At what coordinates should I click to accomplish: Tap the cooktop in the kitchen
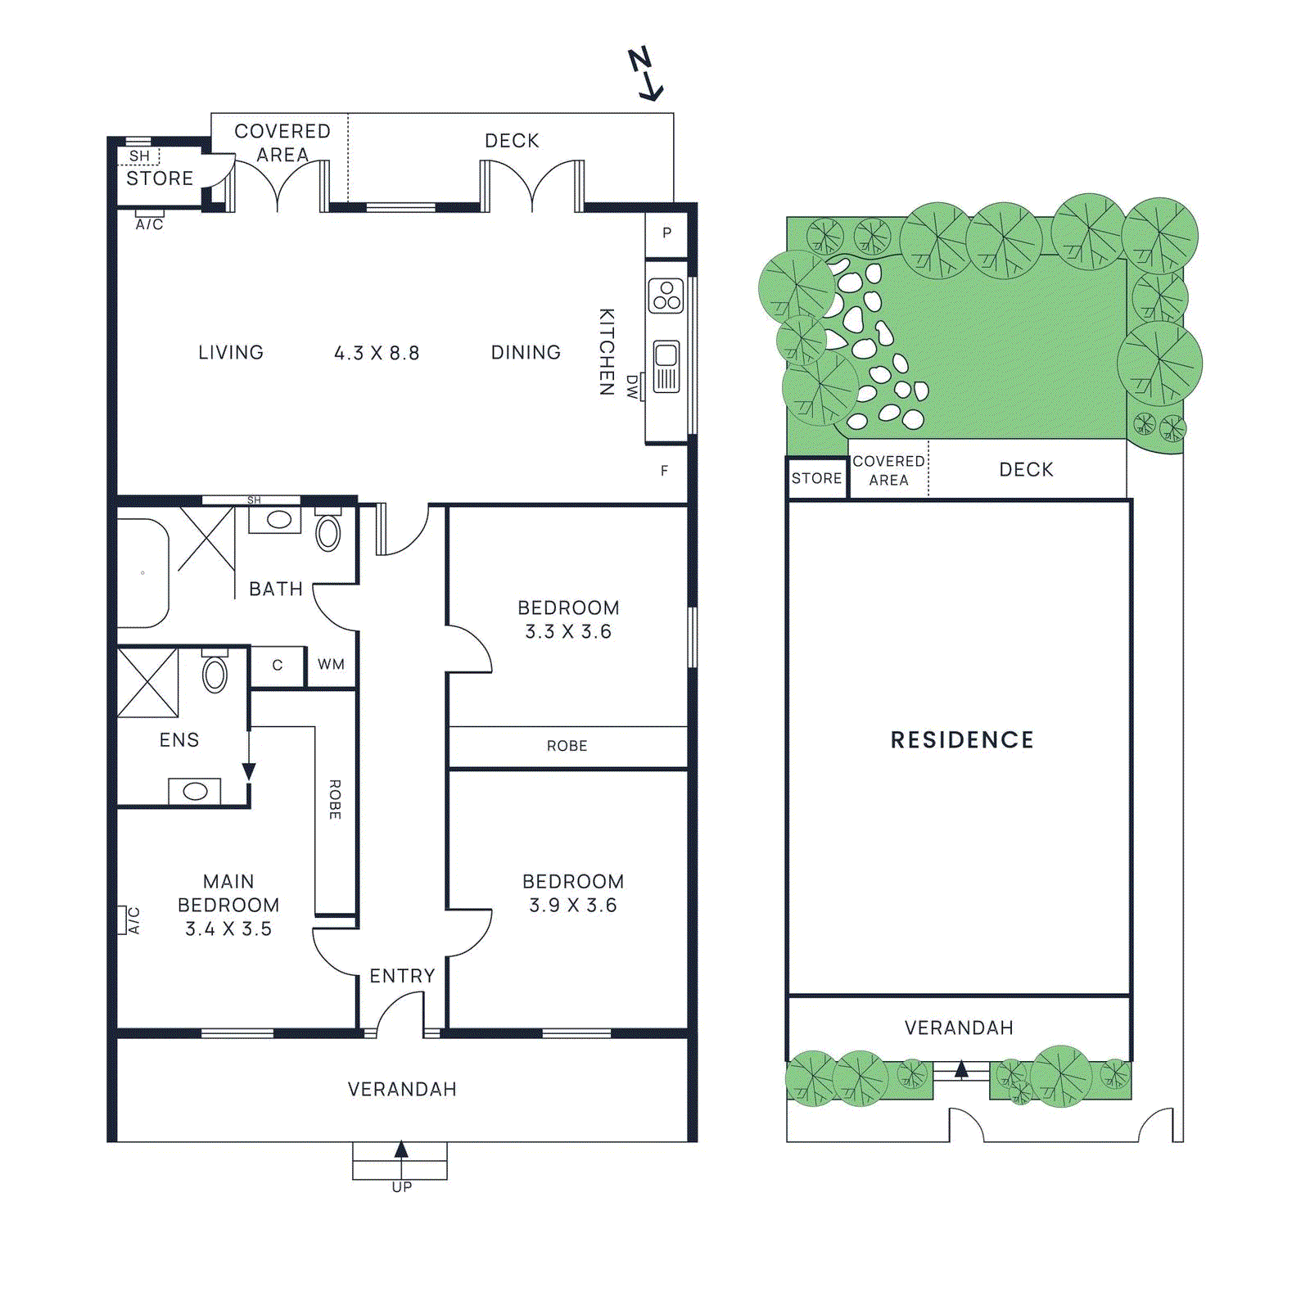666,296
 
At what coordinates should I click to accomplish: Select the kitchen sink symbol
666,367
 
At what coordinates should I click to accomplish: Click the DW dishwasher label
631,386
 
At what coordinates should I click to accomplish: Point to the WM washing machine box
332,665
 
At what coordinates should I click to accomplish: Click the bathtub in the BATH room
142,573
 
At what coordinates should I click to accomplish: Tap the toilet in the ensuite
215,674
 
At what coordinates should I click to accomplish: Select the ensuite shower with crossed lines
147,683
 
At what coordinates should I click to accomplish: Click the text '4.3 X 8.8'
377,354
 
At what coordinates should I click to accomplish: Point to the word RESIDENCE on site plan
962,740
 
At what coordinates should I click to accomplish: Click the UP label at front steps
401,1187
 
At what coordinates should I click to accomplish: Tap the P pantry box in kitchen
666,233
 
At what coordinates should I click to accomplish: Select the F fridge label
664,471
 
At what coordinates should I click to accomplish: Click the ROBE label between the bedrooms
567,746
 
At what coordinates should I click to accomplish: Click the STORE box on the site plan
816,478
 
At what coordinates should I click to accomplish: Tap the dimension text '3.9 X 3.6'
572,906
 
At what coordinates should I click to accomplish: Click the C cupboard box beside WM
277,666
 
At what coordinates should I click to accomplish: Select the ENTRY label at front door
401,976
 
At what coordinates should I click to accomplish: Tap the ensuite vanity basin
195,791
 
